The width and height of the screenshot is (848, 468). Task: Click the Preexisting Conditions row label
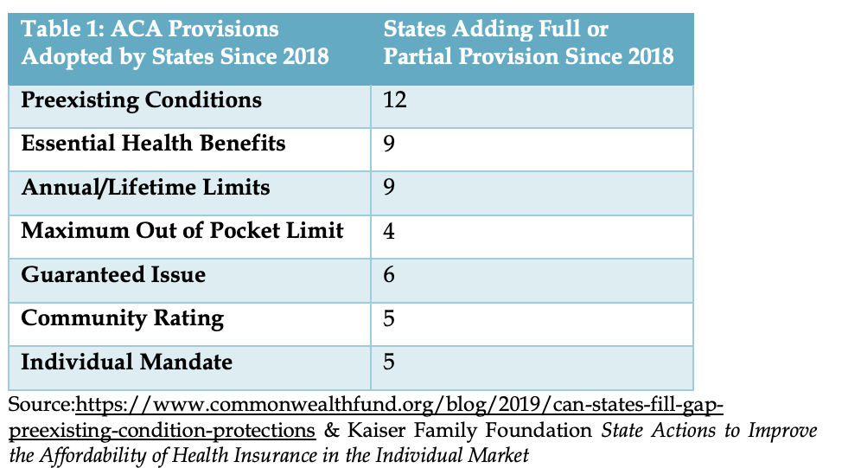pos(141,100)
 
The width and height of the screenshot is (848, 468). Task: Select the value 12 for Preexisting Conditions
pos(395,100)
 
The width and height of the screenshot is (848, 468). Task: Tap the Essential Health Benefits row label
pos(153,144)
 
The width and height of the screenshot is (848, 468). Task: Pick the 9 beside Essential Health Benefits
pos(389,144)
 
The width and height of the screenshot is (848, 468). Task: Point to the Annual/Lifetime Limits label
pos(145,188)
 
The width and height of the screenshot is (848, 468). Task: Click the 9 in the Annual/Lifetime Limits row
pos(389,187)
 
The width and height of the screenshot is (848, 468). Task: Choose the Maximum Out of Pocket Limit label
pos(182,230)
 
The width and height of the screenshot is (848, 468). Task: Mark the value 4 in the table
pos(389,231)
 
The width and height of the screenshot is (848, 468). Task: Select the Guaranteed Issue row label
pos(113,274)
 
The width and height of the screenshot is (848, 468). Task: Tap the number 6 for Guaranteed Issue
pos(389,275)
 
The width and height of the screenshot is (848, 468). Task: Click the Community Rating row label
pos(122,318)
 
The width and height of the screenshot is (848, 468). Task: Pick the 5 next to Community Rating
pos(389,318)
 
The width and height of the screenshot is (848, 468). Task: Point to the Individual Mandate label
pos(126,362)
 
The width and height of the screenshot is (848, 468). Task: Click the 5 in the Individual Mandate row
pos(389,362)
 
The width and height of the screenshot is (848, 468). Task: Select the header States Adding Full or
pos(496,29)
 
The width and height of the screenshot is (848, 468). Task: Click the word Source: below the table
pos(41,405)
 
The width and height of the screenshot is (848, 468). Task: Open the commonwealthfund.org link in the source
pos(367,418)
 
